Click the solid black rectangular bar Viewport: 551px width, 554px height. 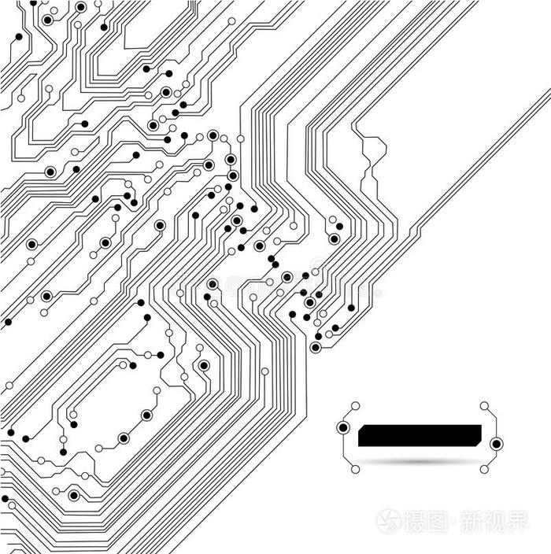pos(420,435)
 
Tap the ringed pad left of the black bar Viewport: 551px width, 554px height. pos(343,428)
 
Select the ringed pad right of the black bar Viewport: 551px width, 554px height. pos(496,444)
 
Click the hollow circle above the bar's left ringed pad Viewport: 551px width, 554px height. pos(355,405)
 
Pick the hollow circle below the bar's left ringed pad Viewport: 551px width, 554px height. pos(355,469)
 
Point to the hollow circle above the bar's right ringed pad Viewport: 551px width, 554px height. pos(484,405)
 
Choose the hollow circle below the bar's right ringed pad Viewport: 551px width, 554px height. pos(484,469)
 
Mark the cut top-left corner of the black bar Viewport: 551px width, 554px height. pos(360,426)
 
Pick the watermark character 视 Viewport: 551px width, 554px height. pos(494,521)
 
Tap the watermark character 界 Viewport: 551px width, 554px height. pos(516,521)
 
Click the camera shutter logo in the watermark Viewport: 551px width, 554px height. pos(388,521)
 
